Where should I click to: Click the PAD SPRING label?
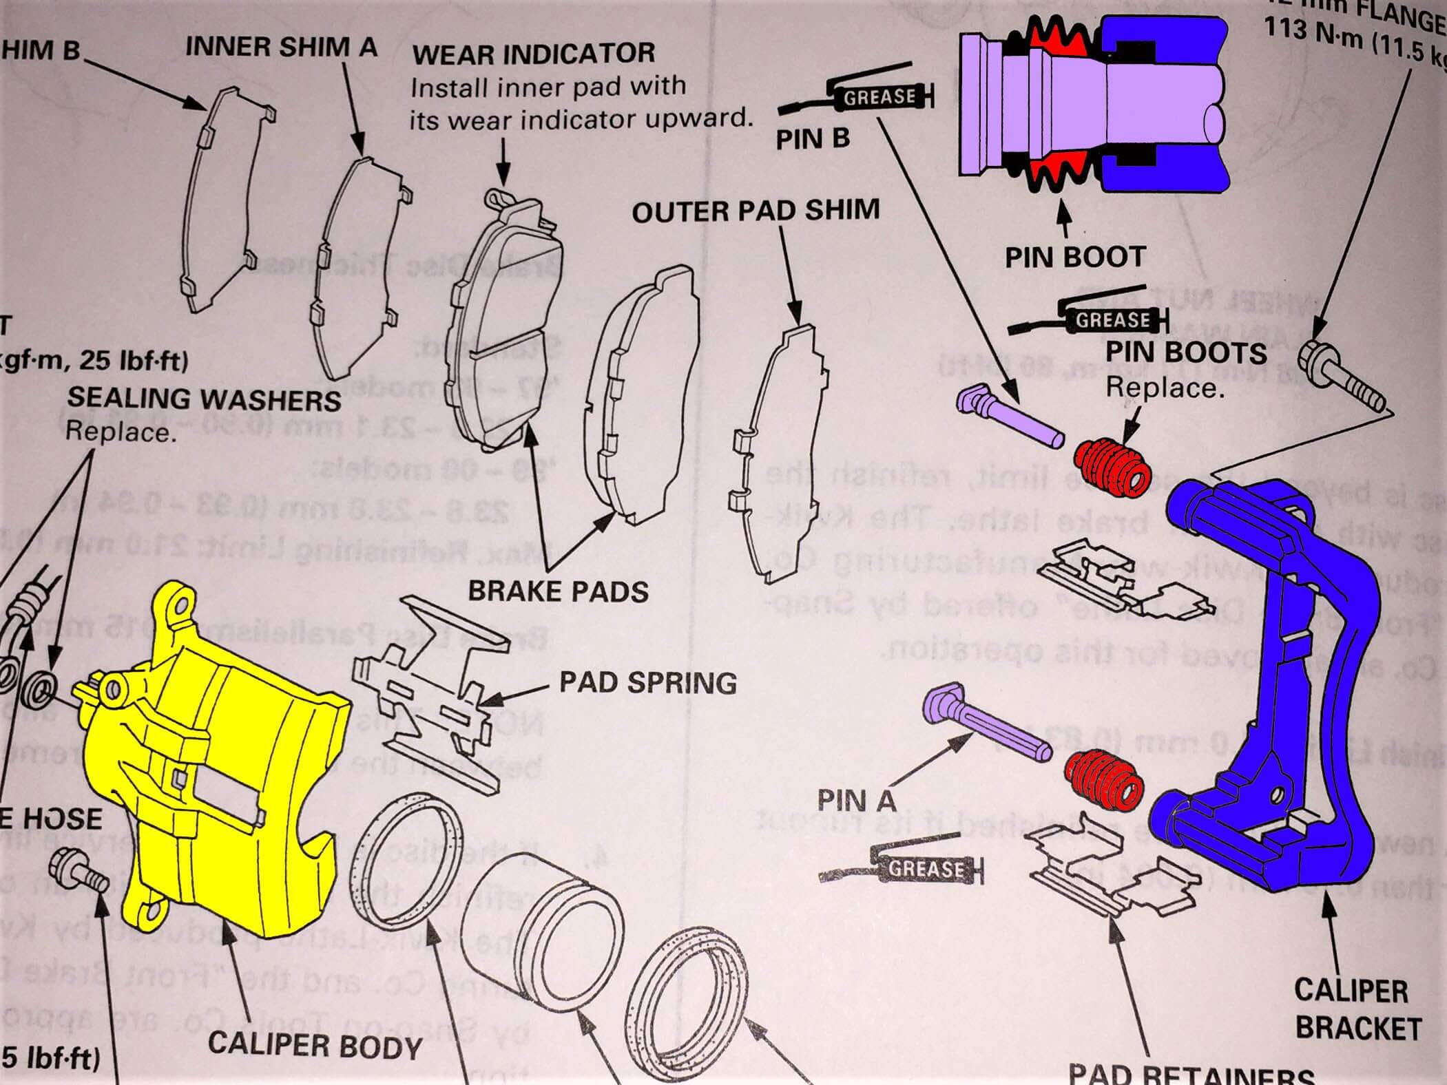(x=647, y=683)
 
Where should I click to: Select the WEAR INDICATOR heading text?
(x=534, y=54)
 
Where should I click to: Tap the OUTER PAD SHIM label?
(x=756, y=211)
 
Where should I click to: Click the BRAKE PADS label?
(x=559, y=591)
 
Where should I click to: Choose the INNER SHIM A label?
(x=281, y=47)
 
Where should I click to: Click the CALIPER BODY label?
(x=315, y=1045)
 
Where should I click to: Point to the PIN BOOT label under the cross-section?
(x=1074, y=257)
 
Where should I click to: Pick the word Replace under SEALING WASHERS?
(x=117, y=432)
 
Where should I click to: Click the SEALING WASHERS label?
(x=204, y=399)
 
